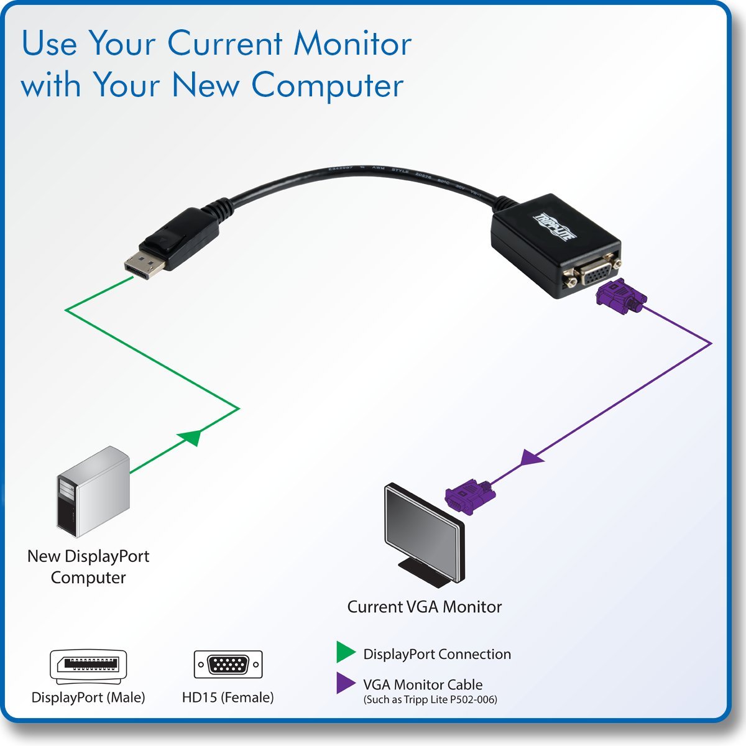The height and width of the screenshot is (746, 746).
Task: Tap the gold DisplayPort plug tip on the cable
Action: pos(144,266)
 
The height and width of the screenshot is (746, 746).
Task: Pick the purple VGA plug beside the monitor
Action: pos(470,495)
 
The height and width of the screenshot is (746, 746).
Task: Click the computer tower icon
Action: pos(93,491)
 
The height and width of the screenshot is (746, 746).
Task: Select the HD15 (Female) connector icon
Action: pos(228,665)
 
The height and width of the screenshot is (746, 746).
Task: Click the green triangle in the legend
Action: pos(345,652)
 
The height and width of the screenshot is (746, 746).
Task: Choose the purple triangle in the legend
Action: pos(345,683)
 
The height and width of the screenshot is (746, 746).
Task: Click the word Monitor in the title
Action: pos(352,44)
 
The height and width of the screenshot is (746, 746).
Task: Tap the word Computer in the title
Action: pos(328,85)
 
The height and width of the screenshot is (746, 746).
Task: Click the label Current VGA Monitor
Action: pos(424,607)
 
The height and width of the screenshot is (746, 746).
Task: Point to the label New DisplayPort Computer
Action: pos(88,566)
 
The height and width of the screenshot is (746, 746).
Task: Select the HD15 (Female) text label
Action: pos(228,698)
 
